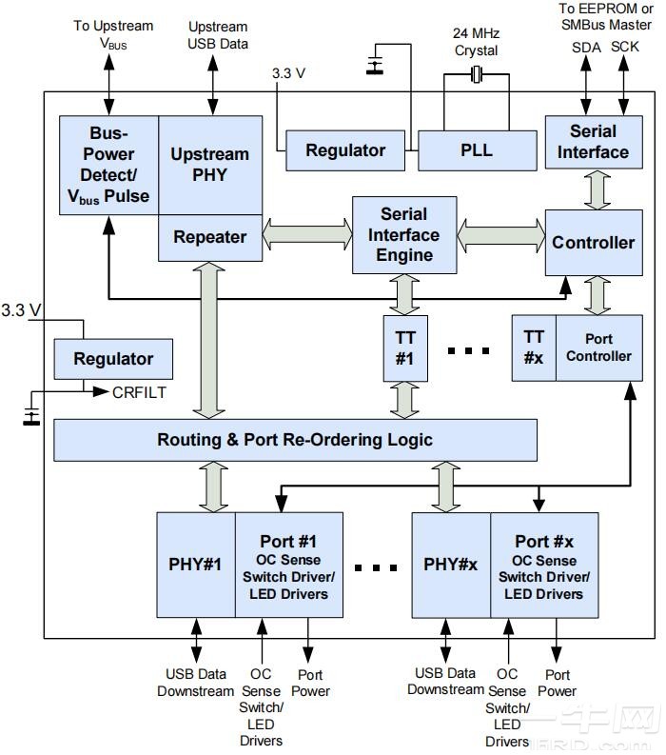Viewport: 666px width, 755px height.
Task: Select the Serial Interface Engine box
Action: pos(404,234)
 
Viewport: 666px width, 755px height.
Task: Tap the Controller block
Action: pos(593,243)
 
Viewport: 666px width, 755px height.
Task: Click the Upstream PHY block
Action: pos(210,164)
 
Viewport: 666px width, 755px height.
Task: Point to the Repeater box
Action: pos(210,237)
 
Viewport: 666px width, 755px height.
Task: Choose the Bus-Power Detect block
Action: pos(108,165)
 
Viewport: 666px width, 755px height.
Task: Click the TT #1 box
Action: pos(405,348)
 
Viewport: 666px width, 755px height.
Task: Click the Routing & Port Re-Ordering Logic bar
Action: pos(295,439)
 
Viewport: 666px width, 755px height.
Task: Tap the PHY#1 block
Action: pos(195,564)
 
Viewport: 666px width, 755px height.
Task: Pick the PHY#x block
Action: pos(450,564)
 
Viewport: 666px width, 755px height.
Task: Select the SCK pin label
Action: pos(625,46)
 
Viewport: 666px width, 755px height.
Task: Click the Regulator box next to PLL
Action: pos(345,150)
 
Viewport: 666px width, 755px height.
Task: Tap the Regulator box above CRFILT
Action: pos(113,359)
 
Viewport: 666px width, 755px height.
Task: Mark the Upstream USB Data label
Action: pos(218,35)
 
